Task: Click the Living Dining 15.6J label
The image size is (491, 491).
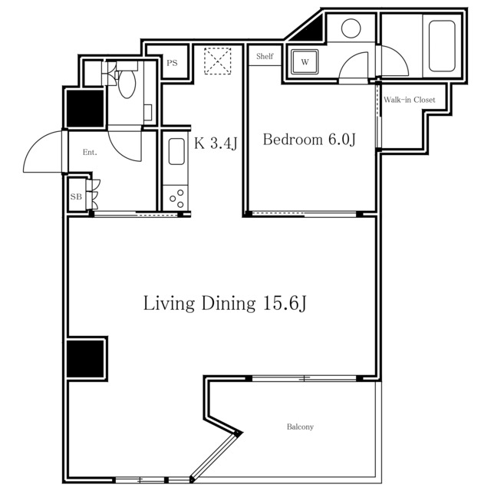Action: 225,303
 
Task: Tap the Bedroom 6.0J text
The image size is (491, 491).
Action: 309,140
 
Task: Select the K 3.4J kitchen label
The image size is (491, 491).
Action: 216,143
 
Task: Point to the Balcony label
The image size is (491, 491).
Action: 300,427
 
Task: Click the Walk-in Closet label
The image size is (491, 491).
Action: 409,100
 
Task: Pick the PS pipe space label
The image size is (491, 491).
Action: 172,63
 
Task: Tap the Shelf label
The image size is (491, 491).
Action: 265,56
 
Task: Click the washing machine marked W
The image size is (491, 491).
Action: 305,61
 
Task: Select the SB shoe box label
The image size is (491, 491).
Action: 76,196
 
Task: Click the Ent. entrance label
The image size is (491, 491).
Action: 90,152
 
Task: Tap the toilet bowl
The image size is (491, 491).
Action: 127,84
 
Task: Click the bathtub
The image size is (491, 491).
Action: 442,46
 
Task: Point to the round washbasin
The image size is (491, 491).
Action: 351,28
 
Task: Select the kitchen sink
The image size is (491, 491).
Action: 176,151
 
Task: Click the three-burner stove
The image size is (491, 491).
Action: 176,198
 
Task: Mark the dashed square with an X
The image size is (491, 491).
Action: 218,61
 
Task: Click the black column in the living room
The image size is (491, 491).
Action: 85,359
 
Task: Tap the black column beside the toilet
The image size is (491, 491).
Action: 85,108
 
